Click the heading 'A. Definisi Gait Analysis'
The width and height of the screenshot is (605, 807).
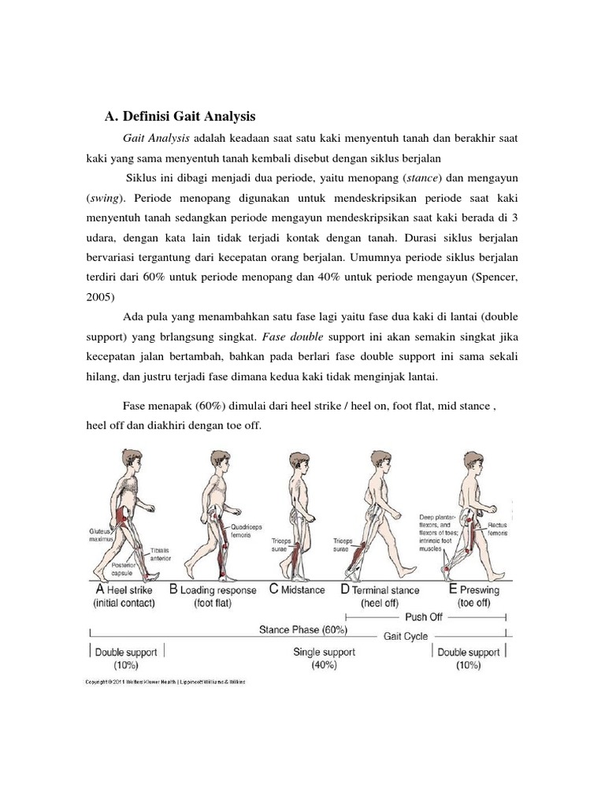tap(180, 117)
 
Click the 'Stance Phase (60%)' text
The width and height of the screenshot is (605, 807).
tap(302, 630)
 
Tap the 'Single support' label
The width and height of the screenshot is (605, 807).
tap(324, 652)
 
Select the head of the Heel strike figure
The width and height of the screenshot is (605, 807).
tap(128, 461)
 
